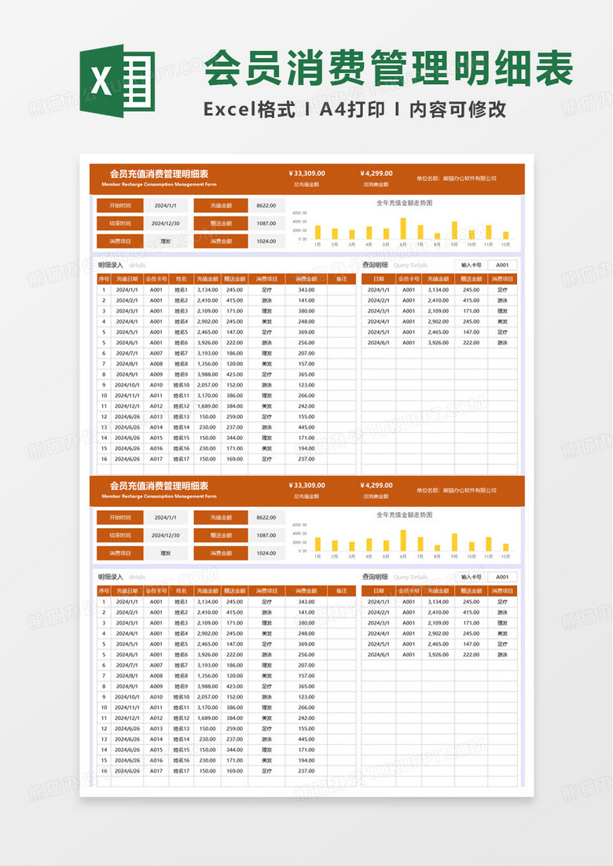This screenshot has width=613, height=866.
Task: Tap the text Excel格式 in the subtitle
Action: pyautogui.click(x=249, y=110)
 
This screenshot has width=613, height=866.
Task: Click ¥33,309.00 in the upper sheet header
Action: pyautogui.click(x=306, y=174)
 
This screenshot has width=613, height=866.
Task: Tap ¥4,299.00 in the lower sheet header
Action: pyautogui.click(x=376, y=486)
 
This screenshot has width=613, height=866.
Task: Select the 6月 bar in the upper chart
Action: pyautogui.click(x=403, y=228)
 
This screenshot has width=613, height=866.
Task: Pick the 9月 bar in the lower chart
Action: pyautogui.click(x=454, y=542)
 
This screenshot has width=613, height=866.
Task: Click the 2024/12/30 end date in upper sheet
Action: pyautogui.click(x=167, y=223)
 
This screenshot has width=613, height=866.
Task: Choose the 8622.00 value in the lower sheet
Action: pyautogui.click(x=266, y=517)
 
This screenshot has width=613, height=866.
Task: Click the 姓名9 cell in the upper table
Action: pyautogui.click(x=182, y=374)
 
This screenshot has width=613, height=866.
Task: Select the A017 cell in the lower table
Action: pyautogui.click(x=156, y=771)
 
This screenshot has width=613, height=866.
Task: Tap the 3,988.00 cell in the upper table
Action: pyautogui.click(x=207, y=374)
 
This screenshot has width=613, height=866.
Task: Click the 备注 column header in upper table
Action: pyautogui.click(x=341, y=279)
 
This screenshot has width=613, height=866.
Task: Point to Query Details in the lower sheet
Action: pyautogui.click(x=410, y=577)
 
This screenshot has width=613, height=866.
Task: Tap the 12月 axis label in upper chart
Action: pyautogui.click(x=505, y=244)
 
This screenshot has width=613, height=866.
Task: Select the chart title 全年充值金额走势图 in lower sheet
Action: pyautogui.click(x=404, y=515)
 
